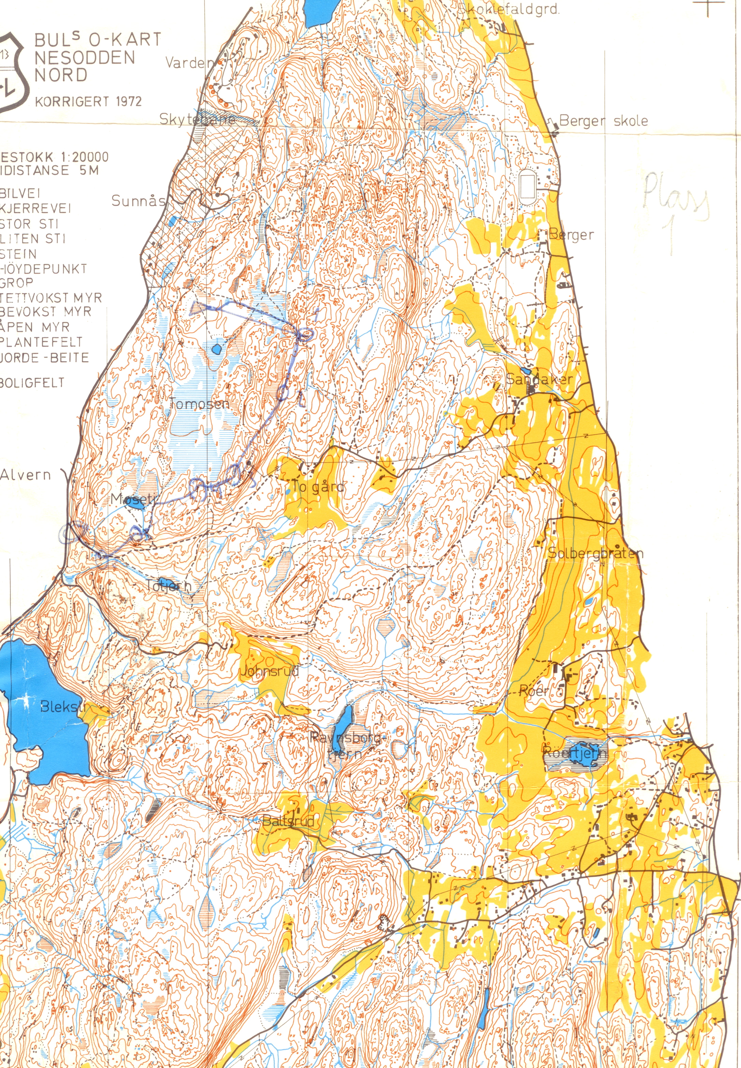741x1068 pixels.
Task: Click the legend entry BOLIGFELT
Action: pyautogui.click(x=33, y=383)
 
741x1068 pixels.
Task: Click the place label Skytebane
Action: pyautogui.click(x=197, y=119)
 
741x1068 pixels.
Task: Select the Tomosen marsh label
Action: pyautogui.click(x=200, y=404)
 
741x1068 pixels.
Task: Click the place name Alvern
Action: pyautogui.click(x=26, y=475)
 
